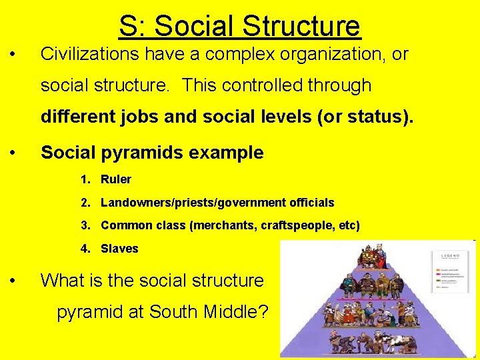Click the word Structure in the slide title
[x=302, y=26]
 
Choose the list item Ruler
[x=115, y=179]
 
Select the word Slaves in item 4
[x=119, y=249]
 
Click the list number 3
[x=85, y=225]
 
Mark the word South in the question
[x=175, y=311]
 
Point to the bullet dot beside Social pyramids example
[x=15, y=153]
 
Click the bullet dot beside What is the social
[x=15, y=281]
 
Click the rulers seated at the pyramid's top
[x=364, y=256]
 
